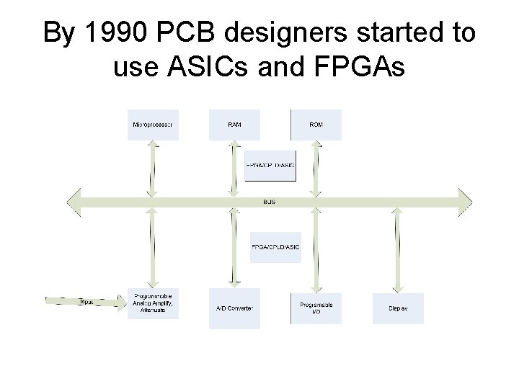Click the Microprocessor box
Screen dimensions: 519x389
coord(153,125)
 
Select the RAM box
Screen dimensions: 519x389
coord(234,125)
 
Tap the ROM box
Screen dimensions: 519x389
coord(316,125)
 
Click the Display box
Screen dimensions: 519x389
coord(398,308)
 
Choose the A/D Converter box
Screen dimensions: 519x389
coord(234,308)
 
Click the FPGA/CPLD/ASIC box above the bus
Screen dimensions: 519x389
coord(270,166)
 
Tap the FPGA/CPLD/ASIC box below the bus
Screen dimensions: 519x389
coord(275,247)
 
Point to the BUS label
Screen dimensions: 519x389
coord(269,202)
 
